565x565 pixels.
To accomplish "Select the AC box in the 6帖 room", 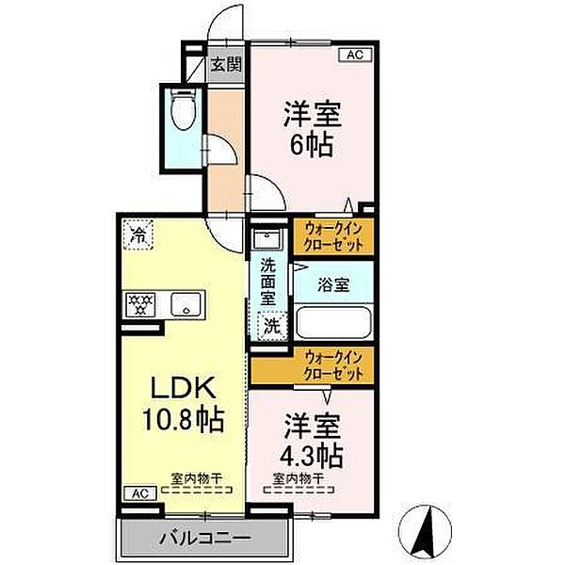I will click(x=355, y=56).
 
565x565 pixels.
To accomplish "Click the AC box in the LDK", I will click(x=137, y=492).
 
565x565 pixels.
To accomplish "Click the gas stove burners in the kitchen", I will click(x=140, y=303).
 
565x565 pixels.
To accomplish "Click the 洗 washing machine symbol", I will click(x=271, y=327).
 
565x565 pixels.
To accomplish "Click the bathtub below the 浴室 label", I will click(x=333, y=322).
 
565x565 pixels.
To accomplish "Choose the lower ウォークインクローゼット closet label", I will click(x=333, y=365).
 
